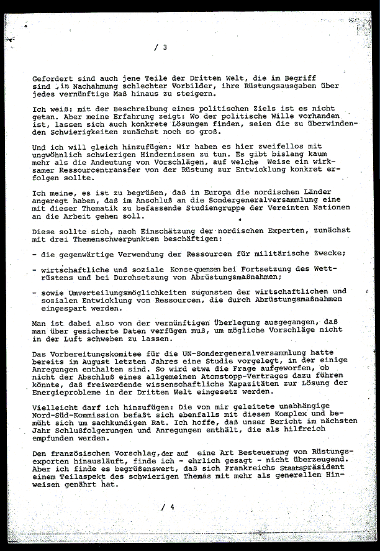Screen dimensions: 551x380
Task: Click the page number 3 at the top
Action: click(165, 47)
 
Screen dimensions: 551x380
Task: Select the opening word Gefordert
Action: click(52, 79)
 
